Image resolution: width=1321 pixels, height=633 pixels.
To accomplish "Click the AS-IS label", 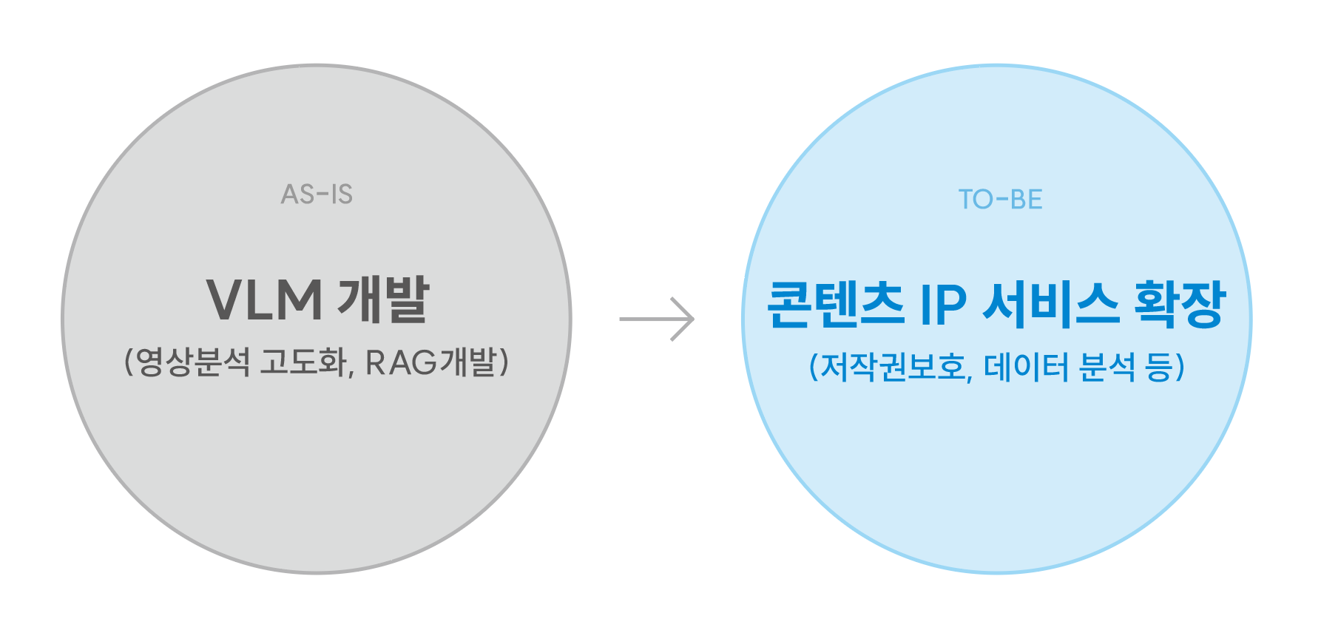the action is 317,194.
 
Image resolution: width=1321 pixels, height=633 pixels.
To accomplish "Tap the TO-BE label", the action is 1000,200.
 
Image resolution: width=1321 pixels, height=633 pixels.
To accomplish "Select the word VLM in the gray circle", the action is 265,300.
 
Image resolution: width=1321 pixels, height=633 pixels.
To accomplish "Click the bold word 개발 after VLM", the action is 384,300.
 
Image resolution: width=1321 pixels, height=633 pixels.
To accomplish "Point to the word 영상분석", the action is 193,362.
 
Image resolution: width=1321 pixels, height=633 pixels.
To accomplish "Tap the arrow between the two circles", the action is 657,319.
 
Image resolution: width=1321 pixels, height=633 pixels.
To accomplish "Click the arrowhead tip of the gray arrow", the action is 695,319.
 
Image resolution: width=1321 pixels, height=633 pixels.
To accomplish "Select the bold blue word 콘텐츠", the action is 836,304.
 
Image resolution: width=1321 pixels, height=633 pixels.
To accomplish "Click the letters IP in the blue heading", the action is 943,305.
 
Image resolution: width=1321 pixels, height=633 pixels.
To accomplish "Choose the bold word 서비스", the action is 1051,304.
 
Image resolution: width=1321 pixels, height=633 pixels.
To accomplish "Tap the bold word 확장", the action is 1180,304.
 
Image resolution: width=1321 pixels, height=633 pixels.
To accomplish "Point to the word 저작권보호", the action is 893,367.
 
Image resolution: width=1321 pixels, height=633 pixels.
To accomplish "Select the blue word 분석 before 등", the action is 1107,367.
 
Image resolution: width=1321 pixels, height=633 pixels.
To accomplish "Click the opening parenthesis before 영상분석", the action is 129,362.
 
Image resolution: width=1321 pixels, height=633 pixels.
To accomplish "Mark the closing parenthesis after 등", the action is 1180,367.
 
